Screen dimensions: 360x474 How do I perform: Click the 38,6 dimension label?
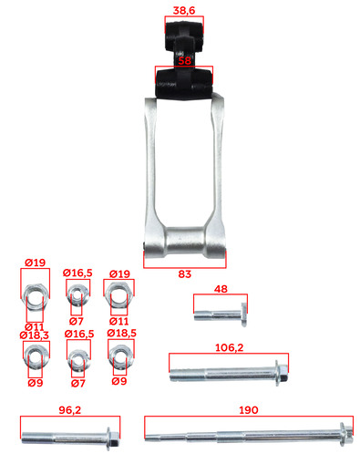183,10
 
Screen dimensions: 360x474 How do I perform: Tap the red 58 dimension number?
184,60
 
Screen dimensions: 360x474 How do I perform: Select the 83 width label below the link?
184,274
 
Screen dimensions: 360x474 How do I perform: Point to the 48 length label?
221,289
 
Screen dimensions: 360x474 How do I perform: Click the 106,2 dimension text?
229,347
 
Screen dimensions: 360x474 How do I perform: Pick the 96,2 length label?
70,410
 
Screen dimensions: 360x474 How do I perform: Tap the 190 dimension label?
249,410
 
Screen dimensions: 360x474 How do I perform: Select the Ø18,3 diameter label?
34,335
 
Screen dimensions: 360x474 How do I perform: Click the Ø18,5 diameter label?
121,333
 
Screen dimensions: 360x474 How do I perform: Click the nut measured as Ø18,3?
36,355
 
